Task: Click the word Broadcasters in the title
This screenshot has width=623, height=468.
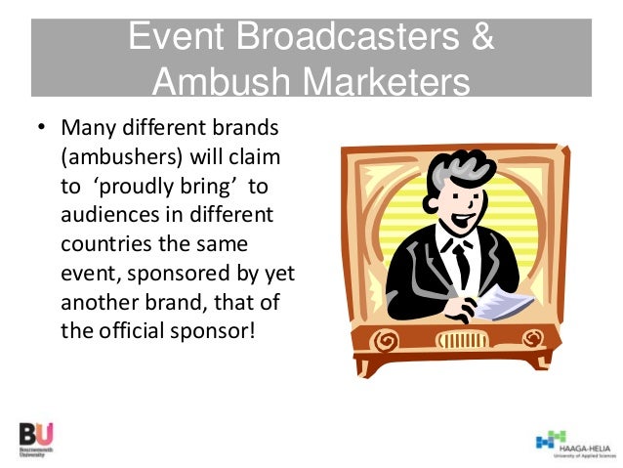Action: tap(325, 40)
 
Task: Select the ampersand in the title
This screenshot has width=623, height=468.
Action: tap(480, 40)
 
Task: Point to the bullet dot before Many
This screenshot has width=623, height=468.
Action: tap(41, 129)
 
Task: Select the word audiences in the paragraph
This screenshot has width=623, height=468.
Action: tap(105, 214)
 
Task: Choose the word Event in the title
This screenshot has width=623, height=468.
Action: tap(179, 40)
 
